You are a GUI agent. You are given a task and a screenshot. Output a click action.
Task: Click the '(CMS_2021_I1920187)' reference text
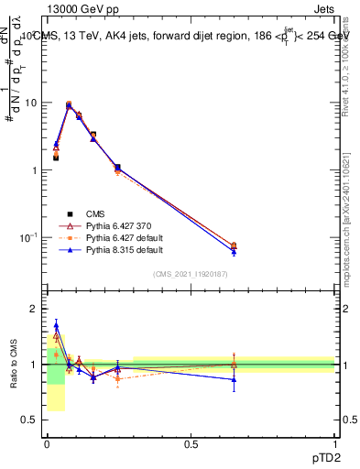(190, 273)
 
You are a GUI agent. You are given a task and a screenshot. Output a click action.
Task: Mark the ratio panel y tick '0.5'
(29, 420)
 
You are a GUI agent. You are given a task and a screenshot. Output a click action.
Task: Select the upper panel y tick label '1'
(35, 170)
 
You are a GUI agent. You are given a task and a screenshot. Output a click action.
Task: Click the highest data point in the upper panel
(69, 104)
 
